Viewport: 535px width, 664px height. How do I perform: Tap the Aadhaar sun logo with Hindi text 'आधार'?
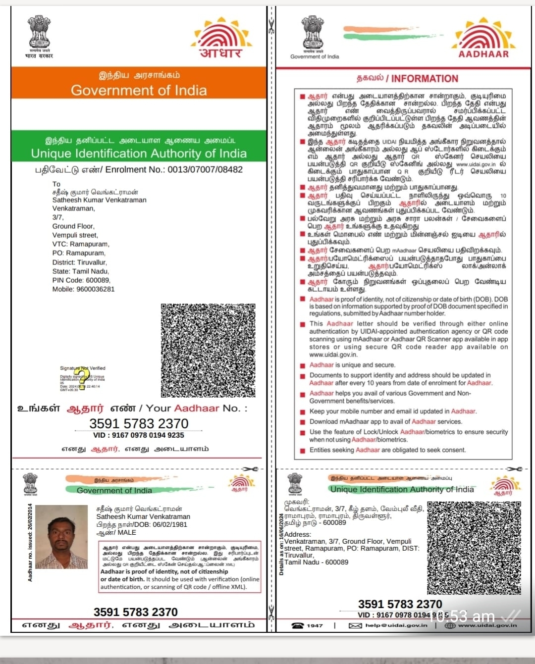(x=221, y=39)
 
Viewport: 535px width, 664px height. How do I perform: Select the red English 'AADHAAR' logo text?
(x=483, y=54)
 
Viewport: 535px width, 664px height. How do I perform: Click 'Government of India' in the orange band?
(x=139, y=90)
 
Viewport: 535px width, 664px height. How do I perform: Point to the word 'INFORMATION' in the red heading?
(x=425, y=79)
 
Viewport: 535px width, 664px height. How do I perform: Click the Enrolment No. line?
(x=139, y=169)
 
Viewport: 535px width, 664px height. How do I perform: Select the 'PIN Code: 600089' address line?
(x=81, y=280)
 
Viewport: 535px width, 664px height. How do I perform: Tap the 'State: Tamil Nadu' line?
(x=80, y=271)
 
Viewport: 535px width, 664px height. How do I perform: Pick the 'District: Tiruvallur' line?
(x=79, y=262)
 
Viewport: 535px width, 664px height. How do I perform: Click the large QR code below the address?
(x=208, y=350)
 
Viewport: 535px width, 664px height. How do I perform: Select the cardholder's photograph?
(x=61, y=537)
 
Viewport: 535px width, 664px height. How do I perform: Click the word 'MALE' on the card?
(x=127, y=532)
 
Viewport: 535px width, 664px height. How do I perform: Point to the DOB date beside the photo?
(x=170, y=524)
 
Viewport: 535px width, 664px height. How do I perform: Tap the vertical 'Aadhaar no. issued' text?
(x=30, y=542)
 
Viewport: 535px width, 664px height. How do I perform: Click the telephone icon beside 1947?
(x=297, y=625)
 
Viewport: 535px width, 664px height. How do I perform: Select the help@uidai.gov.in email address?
(x=396, y=625)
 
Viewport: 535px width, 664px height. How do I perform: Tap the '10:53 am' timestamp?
(x=461, y=616)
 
